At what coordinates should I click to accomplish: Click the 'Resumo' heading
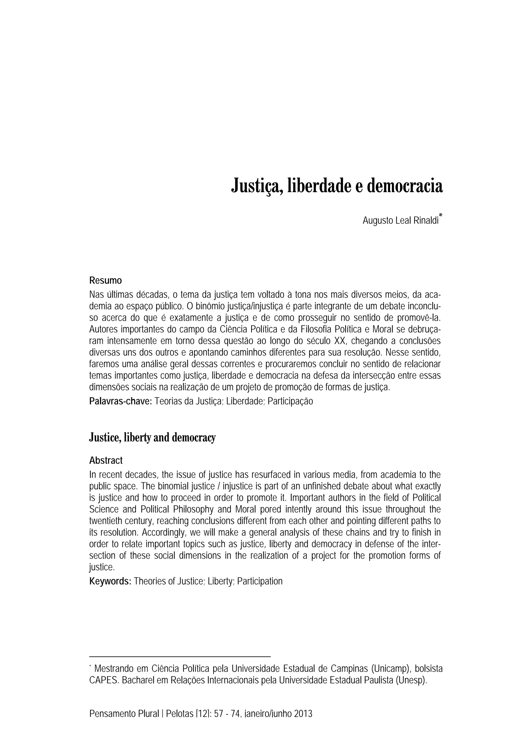tap(105, 280)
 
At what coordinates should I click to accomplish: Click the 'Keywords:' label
tap(110, 581)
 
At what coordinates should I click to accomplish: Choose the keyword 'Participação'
tap(290, 401)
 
